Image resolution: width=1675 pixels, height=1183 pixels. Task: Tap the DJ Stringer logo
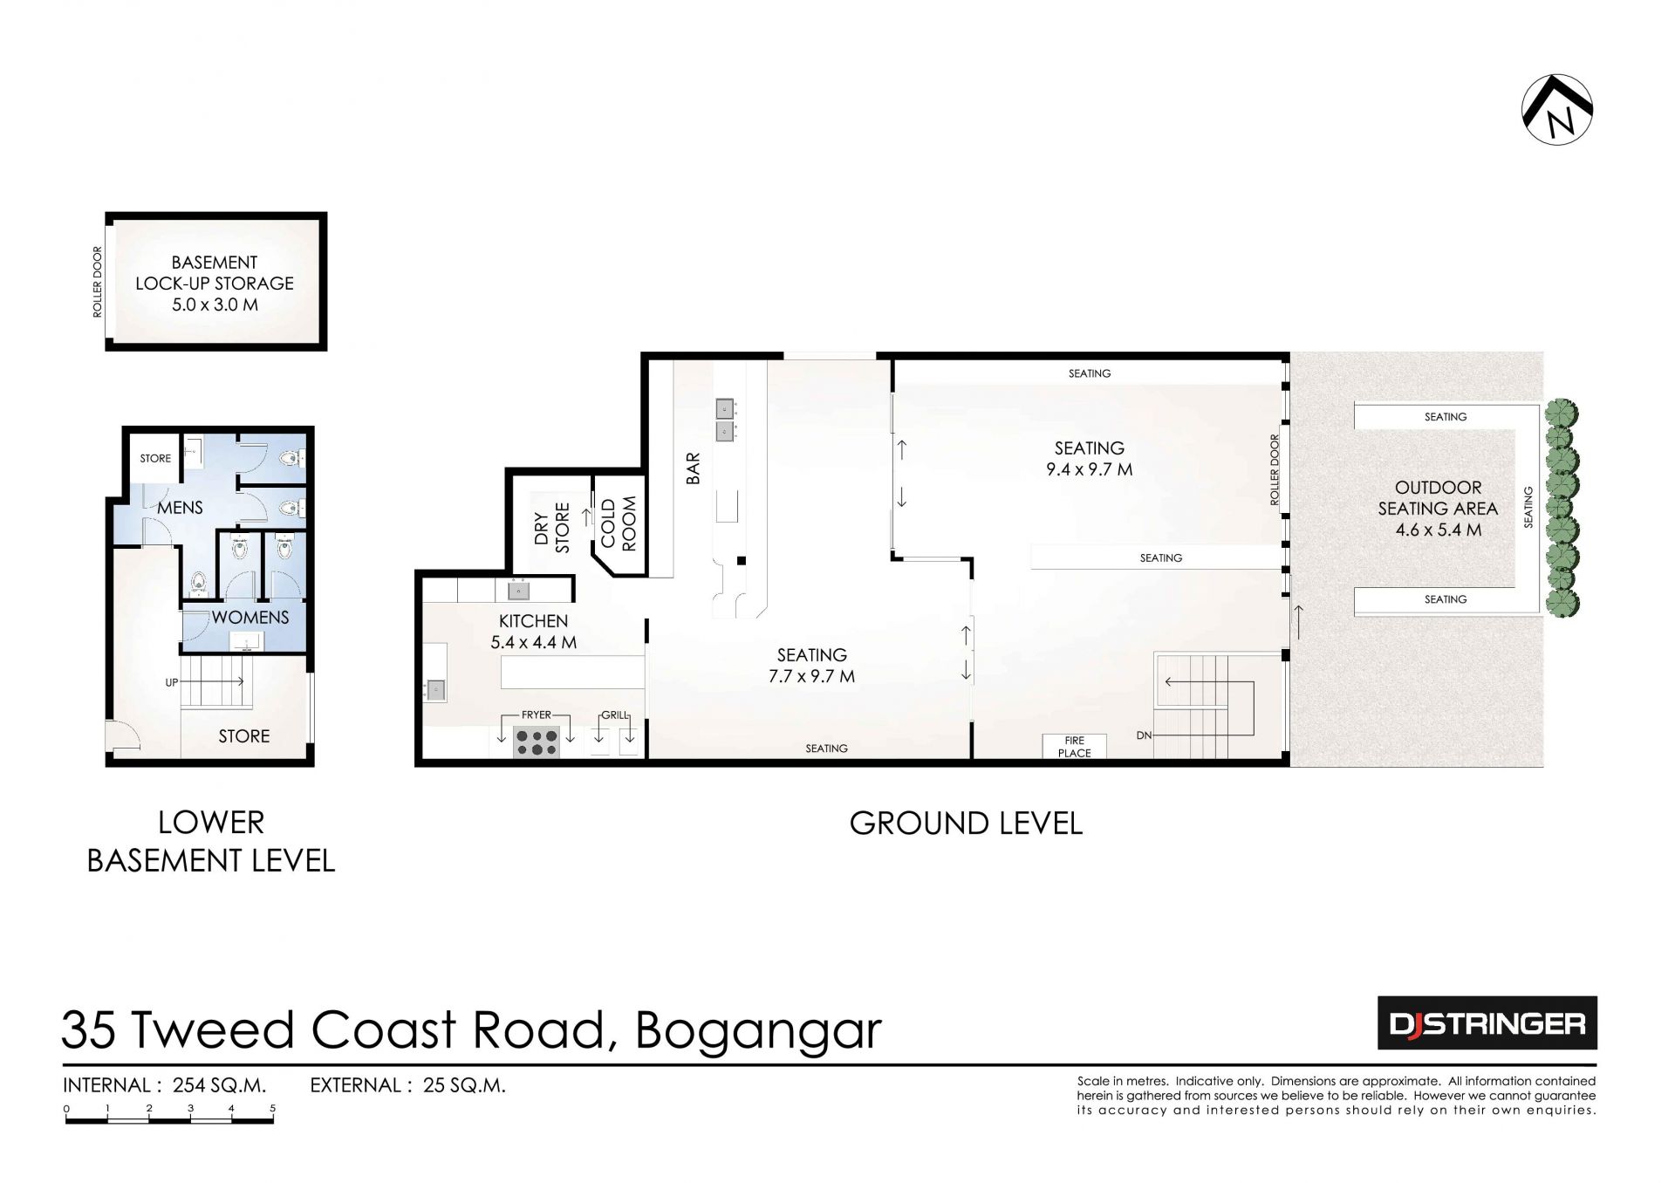1487,1022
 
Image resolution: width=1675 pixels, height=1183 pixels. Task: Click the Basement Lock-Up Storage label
215,284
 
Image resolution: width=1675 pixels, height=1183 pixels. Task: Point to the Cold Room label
619,523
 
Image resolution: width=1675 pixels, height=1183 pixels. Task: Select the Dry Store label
551,527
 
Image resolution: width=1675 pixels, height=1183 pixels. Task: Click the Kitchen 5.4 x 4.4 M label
533,632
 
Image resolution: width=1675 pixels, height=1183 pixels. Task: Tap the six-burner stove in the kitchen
537,742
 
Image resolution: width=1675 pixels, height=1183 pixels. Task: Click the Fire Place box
1074,747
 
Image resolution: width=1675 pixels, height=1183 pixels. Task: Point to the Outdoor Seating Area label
1439,509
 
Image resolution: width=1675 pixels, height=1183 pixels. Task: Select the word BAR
694,468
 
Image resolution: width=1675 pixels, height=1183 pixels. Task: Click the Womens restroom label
250,617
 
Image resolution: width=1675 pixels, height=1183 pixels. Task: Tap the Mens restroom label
181,507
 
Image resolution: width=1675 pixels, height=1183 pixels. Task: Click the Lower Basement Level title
211,841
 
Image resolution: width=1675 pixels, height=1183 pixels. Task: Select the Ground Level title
966,824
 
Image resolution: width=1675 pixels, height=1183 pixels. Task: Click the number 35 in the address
88,1029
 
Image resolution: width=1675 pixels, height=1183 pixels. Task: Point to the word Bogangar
758,1032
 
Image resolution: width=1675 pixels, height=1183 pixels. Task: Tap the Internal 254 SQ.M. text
165,1086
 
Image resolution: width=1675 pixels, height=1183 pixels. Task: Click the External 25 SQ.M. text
408,1086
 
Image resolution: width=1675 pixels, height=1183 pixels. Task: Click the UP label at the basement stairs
171,682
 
